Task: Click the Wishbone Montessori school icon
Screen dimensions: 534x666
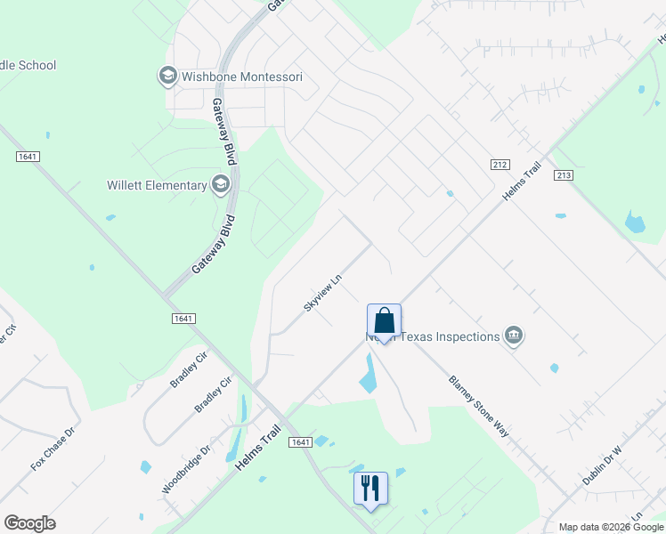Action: [x=167, y=77]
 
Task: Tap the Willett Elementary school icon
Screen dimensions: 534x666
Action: [x=220, y=185]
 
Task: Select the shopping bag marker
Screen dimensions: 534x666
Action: [x=384, y=321]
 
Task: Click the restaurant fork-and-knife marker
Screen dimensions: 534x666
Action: [x=370, y=489]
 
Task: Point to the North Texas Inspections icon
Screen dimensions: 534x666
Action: [x=513, y=336]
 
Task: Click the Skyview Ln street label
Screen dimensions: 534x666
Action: [x=323, y=292]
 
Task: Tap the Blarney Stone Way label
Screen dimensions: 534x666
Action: [x=478, y=404]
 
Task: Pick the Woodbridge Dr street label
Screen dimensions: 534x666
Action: [x=185, y=470]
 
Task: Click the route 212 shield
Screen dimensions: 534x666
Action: [x=499, y=165]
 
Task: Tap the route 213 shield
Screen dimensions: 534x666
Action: [x=562, y=176]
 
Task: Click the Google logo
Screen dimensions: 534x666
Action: [x=29, y=523]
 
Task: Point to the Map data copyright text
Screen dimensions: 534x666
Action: [x=611, y=527]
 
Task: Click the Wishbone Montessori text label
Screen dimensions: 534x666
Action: [x=242, y=77]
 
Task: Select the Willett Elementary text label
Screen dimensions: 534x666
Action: [x=157, y=186]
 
